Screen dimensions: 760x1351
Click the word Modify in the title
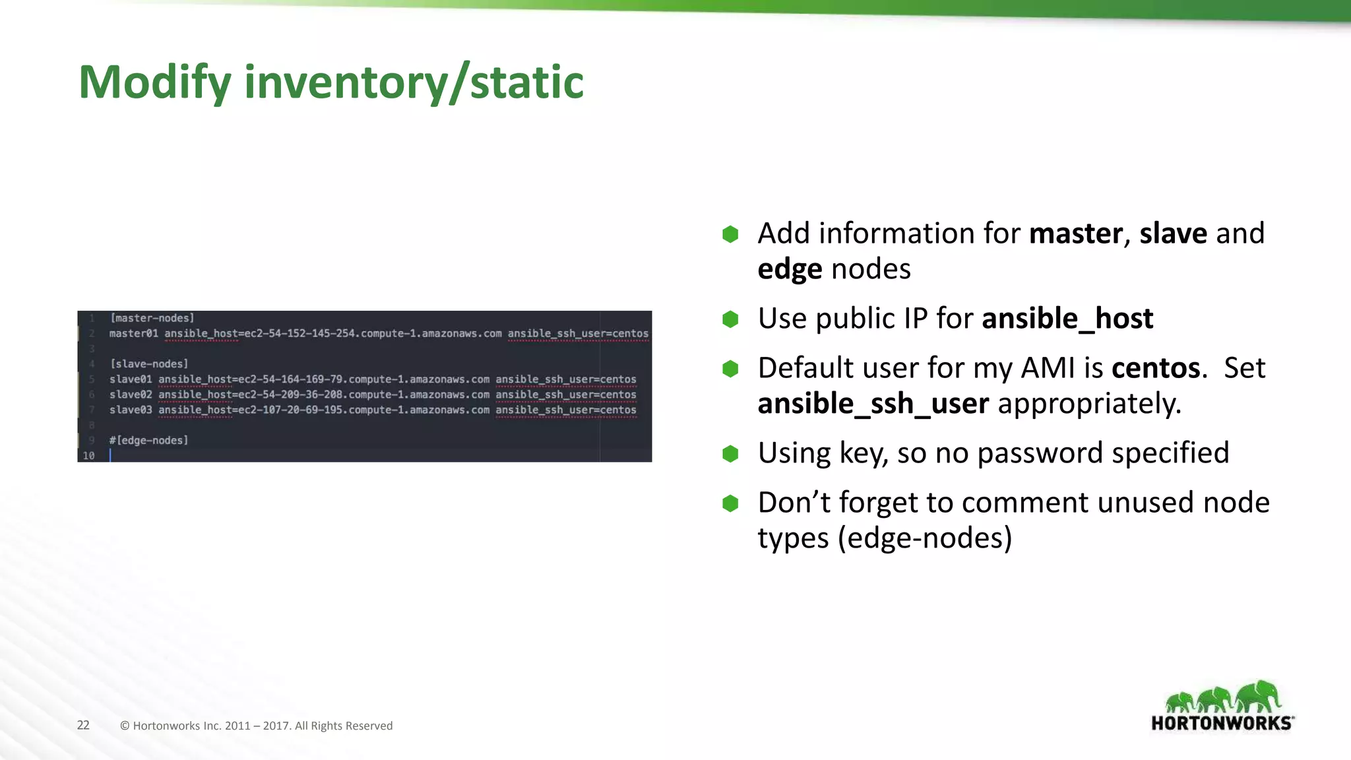[x=154, y=82]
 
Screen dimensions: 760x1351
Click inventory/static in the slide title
[x=414, y=82]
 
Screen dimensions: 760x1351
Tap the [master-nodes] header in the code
[x=152, y=318]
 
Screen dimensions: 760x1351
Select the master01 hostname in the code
[x=134, y=333]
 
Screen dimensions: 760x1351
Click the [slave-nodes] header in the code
[x=149, y=364]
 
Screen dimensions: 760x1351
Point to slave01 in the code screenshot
[x=131, y=379]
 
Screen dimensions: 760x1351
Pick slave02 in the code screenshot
[x=131, y=395]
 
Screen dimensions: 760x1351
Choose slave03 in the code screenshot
[x=131, y=410]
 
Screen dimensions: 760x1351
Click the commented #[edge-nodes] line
[x=149, y=440]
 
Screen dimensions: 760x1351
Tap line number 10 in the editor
[x=88, y=455]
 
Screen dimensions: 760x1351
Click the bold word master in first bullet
[x=1075, y=234]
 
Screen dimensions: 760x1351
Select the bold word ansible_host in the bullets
[x=1067, y=319]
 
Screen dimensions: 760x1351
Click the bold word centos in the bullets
[x=1155, y=368]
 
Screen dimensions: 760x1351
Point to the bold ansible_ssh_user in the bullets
[x=873, y=404]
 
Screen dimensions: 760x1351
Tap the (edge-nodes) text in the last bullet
[x=925, y=538]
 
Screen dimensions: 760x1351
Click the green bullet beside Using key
[x=730, y=454]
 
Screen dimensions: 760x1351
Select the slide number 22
[x=83, y=725]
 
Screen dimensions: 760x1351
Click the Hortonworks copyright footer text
[x=256, y=726]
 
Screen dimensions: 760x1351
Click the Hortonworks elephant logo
[x=1222, y=706]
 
